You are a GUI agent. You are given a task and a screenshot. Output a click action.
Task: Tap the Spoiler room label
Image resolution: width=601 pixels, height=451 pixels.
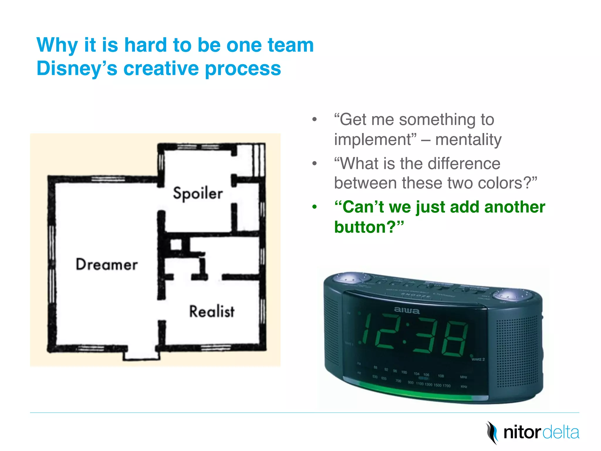point(198,193)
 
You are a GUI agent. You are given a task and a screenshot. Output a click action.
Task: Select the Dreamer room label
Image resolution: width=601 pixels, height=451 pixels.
point(107,265)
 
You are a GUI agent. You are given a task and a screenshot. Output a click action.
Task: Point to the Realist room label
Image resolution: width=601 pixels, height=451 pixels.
point(212,312)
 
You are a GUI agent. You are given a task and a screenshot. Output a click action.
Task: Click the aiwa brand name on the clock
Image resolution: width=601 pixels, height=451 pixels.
point(406,310)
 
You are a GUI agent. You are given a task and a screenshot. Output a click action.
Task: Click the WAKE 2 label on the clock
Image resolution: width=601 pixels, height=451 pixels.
point(478,359)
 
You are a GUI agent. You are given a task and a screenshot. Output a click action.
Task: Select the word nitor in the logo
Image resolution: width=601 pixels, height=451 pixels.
point(522,433)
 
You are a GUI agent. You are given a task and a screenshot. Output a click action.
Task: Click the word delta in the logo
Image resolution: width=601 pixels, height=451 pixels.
point(561,433)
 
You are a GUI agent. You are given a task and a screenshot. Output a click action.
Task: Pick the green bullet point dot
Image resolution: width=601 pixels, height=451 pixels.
point(315,207)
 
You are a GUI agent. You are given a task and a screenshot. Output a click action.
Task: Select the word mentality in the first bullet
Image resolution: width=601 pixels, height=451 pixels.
point(468,139)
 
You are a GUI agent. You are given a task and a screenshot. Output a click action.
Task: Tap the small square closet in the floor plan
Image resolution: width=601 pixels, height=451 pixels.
point(176,245)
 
